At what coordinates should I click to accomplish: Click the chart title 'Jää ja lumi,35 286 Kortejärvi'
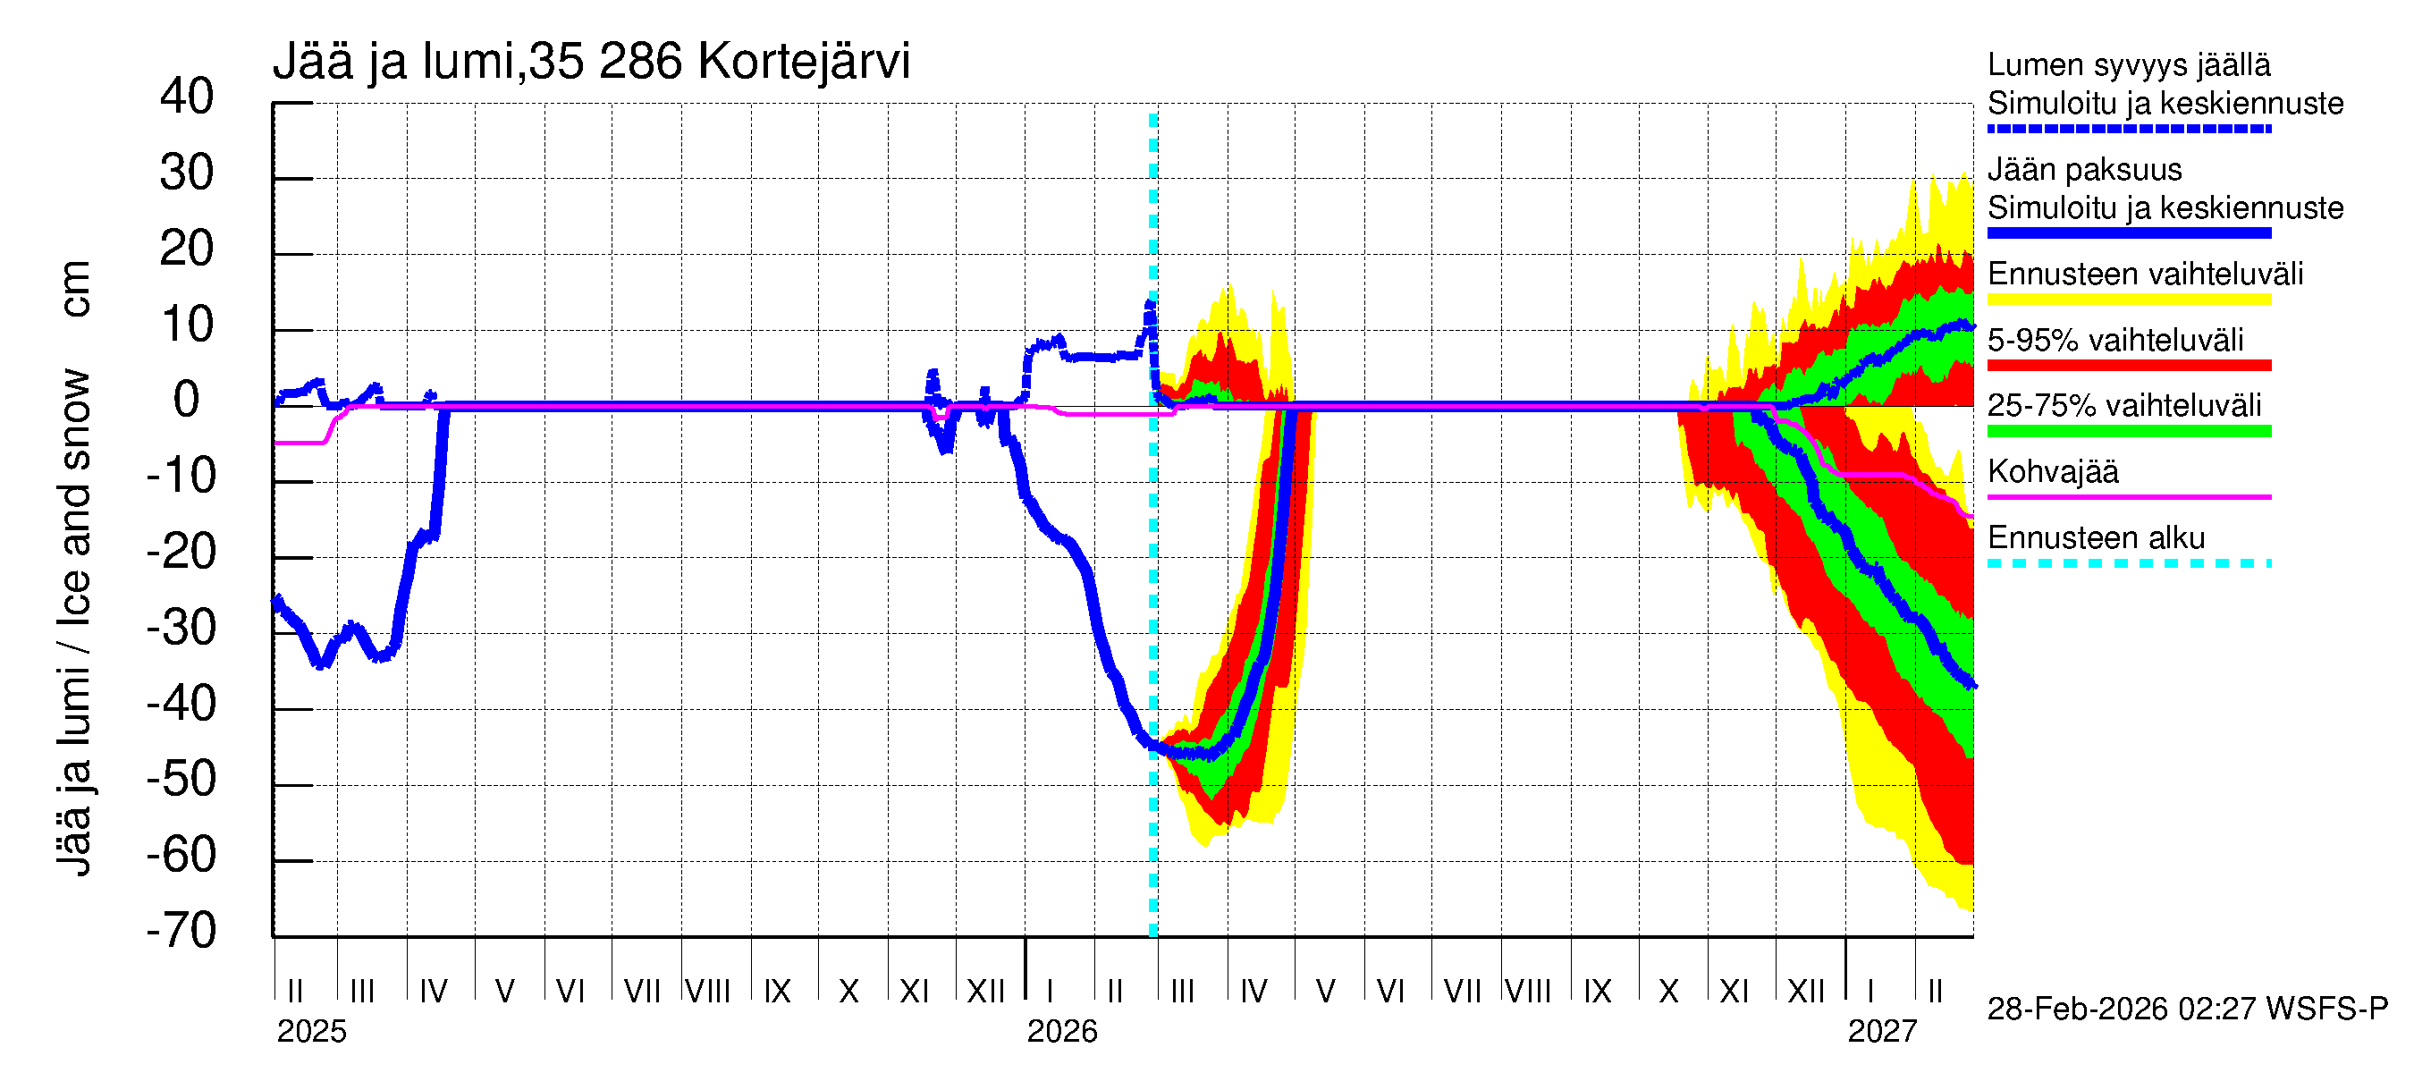pyautogui.click(x=590, y=62)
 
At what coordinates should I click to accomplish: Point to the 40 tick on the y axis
pyautogui.click(x=187, y=97)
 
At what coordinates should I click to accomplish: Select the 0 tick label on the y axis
pyautogui.click(x=187, y=401)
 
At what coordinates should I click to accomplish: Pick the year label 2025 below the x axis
pyautogui.click(x=311, y=1032)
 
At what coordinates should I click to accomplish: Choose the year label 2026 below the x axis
pyautogui.click(x=1062, y=1032)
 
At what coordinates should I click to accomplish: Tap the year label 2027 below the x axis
pyautogui.click(x=1882, y=1032)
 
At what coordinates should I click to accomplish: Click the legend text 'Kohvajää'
pyautogui.click(x=2052, y=471)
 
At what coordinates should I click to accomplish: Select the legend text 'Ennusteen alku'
pyautogui.click(x=2096, y=538)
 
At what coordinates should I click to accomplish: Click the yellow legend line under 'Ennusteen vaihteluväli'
pyautogui.click(x=2128, y=300)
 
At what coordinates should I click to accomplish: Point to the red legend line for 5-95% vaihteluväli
pyautogui.click(x=2128, y=366)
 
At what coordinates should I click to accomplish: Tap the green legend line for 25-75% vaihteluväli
pyautogui.click(x=2128, y=431)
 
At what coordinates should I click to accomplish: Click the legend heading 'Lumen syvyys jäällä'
pyautogui.click(x=2128, y=64)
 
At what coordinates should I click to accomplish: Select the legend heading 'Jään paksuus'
pyautogui.click(x=2084, y=170)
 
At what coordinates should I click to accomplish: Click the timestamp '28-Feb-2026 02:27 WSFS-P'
pyautogui.click(x=2187, y=1010)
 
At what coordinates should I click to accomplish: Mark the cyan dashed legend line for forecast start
pyautogui.click(x=2128, y=563)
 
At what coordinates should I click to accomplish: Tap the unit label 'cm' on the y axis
pyautogui.click(x=74, y=289)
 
